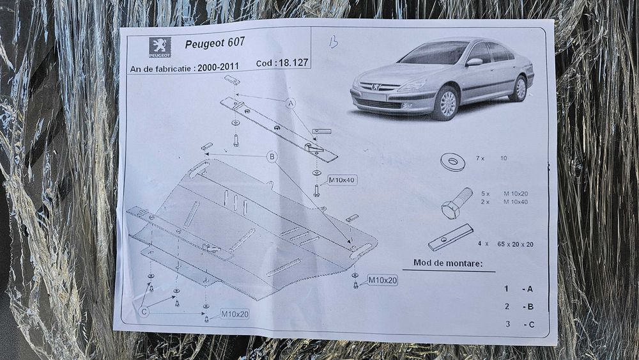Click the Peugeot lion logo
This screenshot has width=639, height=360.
pos(160,47)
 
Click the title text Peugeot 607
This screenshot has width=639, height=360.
pos(214,45)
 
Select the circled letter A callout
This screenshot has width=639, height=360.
pos(291,104)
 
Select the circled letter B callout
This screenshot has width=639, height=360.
pos(272,156)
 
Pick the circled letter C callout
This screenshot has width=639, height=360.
pos(144,311)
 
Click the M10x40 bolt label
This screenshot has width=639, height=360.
pos(342,180)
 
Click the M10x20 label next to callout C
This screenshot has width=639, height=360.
pos(235,313)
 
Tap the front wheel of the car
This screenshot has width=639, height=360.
pos(447,104)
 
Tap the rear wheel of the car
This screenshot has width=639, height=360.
pos(519,88)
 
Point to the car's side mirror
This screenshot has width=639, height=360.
pos(474,62)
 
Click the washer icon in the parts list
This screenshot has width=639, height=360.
pos(452,162)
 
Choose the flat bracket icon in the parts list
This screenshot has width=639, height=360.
pos(450,237)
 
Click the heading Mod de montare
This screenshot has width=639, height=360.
pos(447,263)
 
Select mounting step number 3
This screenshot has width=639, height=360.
pos(507,324)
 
